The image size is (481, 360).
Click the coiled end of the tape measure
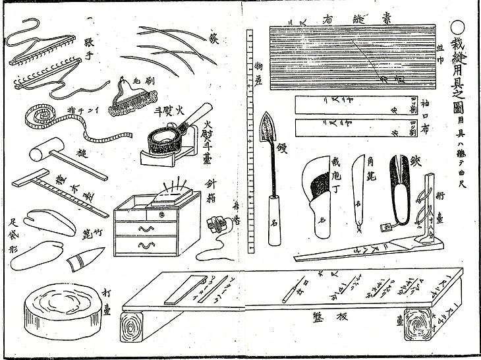click(x=33, y=116)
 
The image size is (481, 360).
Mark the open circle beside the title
click(x=459, y=28)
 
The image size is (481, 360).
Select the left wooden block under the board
click(x=138, y=332)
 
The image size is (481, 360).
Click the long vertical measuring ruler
click(x=249, y=138)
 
